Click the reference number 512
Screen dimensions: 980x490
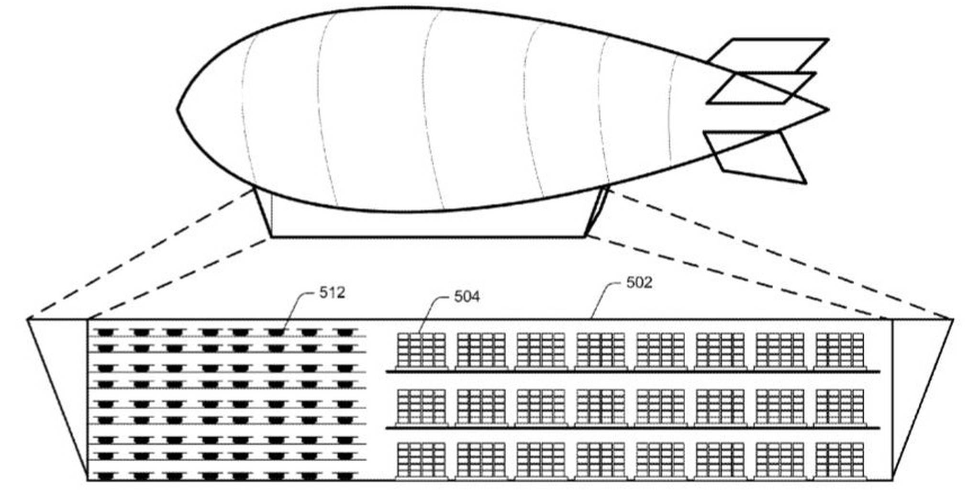tap(332, 292)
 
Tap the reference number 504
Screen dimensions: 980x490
tap(467, 297)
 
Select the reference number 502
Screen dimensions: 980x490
tap(639, 283)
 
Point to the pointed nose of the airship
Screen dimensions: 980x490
tap(178, 109)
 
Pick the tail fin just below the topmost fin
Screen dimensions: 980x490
tap(761, 88)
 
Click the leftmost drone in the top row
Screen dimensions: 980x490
tap(105, 332)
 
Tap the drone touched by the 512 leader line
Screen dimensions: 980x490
tap(276, 332)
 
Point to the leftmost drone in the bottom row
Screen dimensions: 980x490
tap(105, 476)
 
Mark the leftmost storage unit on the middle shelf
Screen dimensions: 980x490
tap(422, 408)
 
